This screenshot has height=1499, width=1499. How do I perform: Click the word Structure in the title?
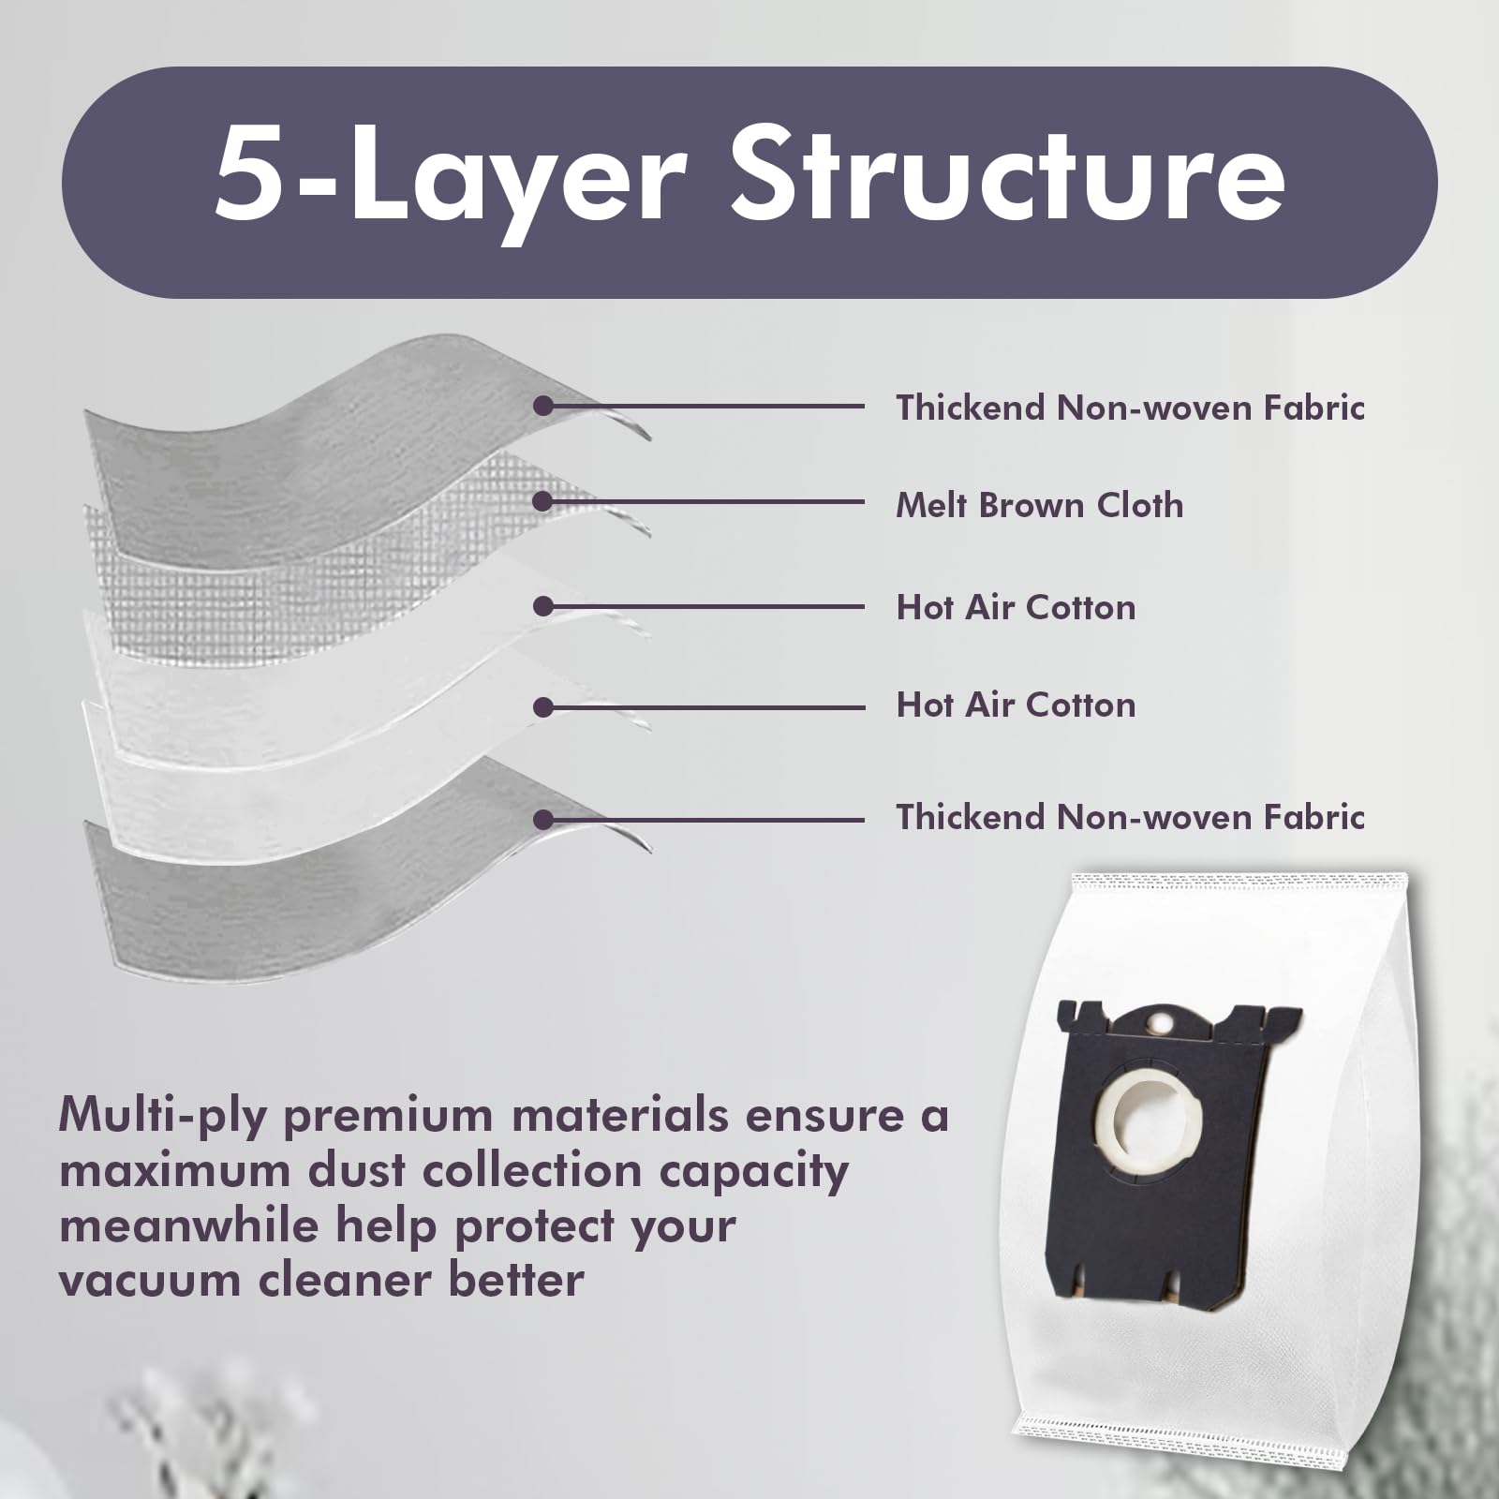tap(1008, 174)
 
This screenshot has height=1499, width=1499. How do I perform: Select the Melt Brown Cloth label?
tap(1039, 505)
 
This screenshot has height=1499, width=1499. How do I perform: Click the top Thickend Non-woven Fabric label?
tap(1130, 408)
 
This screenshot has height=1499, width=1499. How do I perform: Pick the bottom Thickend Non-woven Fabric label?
tap(1130, 817)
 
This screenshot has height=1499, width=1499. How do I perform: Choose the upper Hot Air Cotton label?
tap(1016, 607)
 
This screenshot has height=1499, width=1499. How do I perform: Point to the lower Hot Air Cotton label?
tap(1016, 705)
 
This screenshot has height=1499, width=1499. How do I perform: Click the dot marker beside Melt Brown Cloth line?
tap(542, 501)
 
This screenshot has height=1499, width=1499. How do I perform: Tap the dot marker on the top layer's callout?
tap(542, 406)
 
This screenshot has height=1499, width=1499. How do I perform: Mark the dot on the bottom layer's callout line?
tap(542, 820)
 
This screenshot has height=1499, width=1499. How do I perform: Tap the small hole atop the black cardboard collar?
tap(1163, 1020)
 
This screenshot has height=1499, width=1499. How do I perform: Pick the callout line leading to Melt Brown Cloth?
tap(704, 501)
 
